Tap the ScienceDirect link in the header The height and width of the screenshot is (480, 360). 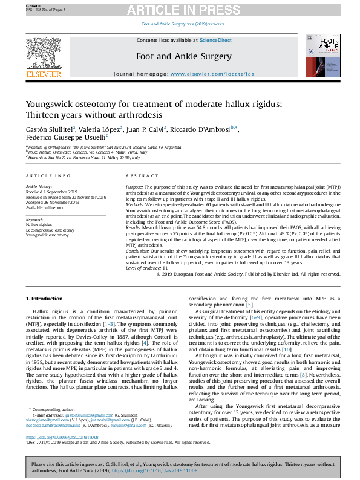pyautogui.click(x=216, y=40)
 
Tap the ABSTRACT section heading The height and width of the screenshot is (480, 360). pyautogui.click(x=138, y=175)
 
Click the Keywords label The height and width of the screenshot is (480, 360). pyautogui.click(x=35, y=219)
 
